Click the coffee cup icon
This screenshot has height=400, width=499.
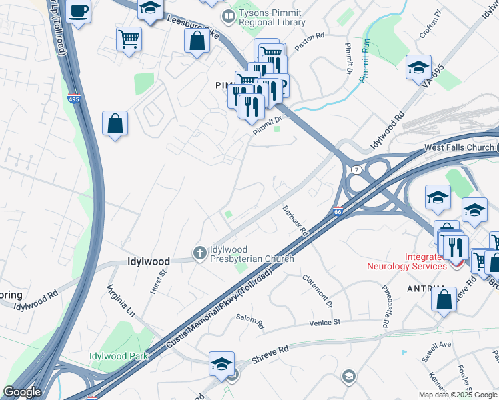(x=78, y=12)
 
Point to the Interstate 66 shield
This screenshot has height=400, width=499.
(x=338, y=211)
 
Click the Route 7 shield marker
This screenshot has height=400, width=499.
(x=358, y=171)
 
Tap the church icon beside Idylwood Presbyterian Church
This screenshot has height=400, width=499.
(x=199, y=253)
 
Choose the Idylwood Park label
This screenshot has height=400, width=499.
(x=119, y=356)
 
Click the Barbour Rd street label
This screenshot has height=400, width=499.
(x=295, y=221)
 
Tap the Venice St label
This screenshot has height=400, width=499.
(x=325, y=322)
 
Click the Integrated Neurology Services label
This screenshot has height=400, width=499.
(x=406, y=261)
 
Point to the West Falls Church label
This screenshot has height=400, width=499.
(x=459, y=147)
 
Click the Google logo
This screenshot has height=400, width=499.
(x=22, y=392)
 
